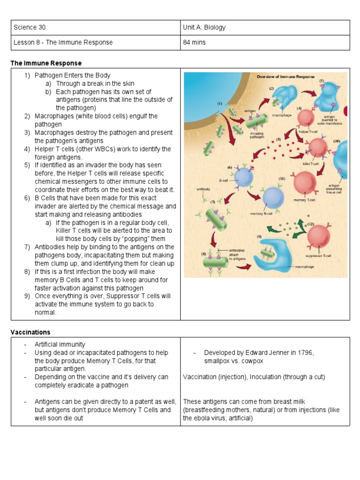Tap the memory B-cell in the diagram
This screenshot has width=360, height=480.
pos(273,197)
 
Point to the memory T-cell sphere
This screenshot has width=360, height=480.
pos(305,183)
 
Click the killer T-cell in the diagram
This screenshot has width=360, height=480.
pos(317,149)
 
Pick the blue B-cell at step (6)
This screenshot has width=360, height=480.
pos(243,178)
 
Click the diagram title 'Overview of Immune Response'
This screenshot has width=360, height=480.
pos(285,76)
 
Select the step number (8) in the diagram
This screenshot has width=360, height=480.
pos(204,254)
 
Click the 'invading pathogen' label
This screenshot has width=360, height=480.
pos(256,136)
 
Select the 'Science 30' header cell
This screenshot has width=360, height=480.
pos(30,27)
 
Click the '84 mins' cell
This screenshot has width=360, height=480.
pos(194,42)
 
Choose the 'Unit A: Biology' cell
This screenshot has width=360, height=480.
pos(204,27)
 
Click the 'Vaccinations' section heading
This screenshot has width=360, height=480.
pos(30,332)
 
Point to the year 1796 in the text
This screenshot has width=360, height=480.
pos(303,353)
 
